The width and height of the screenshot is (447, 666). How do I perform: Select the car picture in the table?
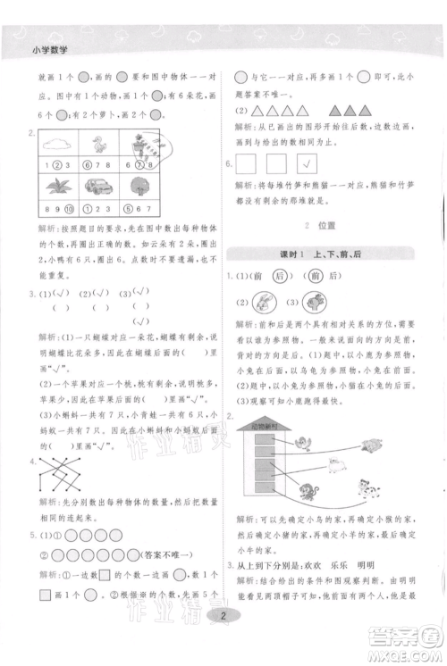pyautogui.click(x=98, y=187)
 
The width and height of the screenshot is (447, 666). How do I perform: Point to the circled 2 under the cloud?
pyautogui.click(x=56, y=164)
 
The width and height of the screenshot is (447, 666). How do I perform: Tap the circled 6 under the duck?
pyautogui.click(x=87, y=164)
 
